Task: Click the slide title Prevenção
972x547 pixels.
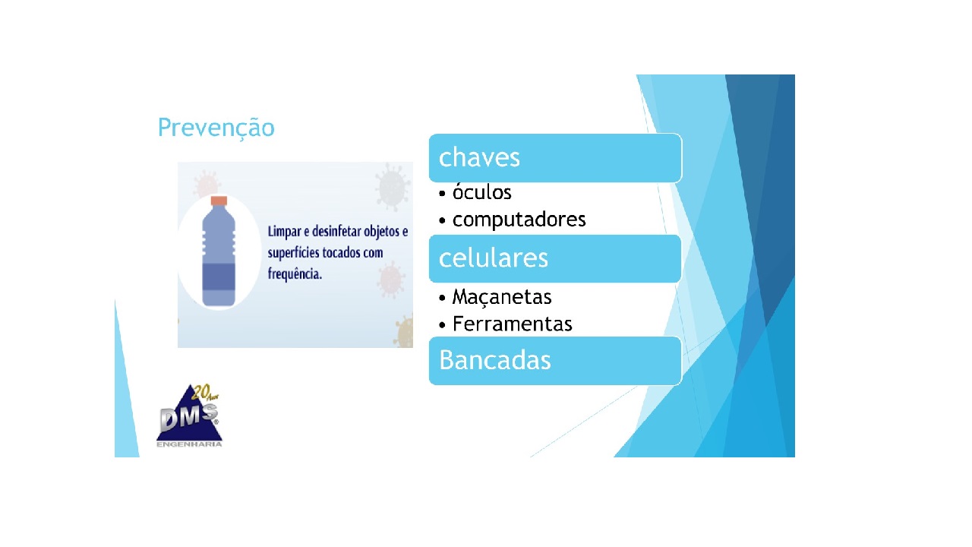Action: (x=216, y=128)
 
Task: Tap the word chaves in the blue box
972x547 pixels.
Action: (x=479, y=157)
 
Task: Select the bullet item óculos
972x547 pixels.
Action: (x=481, y=193)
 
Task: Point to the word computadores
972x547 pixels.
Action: (x=519, y=220)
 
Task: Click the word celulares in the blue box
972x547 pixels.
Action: (x=493, y=258)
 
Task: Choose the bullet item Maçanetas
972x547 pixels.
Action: (x=501, y=296)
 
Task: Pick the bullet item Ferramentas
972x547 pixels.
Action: (x=512, y=324)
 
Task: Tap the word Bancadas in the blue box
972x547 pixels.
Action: (x=494, y=360)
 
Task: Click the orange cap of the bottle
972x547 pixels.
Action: (x=219, y=201)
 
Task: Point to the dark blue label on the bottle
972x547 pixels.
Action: (x=219, y=275)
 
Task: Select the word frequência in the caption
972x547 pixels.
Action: (x=295, y=273)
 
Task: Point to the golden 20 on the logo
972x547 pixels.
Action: (x=200, y=393)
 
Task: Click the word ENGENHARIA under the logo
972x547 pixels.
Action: (x=189, y=444)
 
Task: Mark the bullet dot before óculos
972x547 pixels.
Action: (x=443, y=194)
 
